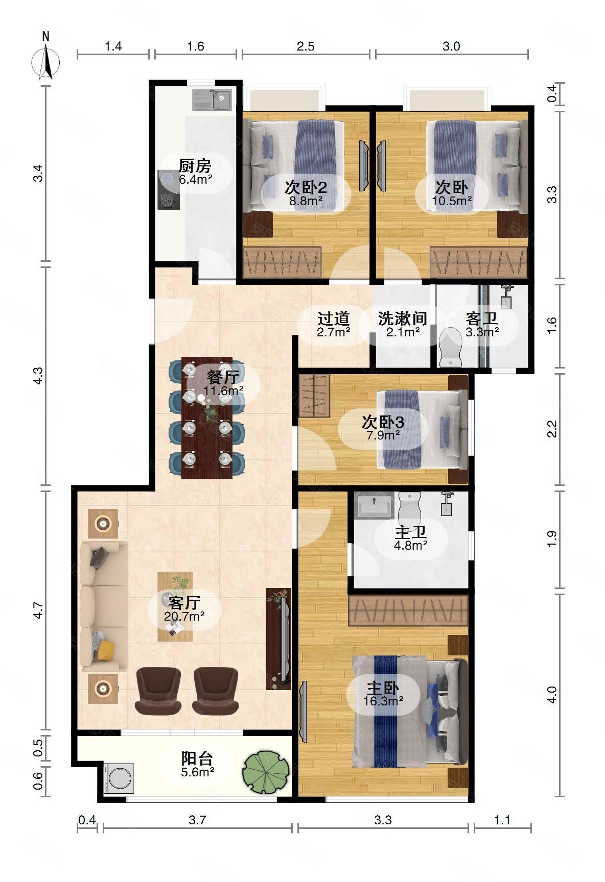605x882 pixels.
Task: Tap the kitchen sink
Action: pyautogui.click(x=212, y=100)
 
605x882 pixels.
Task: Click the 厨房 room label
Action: pyautogui.click(x=195, y=166)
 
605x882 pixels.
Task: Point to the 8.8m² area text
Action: pyautogui.click(x=306, y=201)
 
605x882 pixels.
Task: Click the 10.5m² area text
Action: pyautogui.click(x=452, y=201)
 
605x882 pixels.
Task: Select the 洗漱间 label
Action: pyautogui.click(x=403, y=318)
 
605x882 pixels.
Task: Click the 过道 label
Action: pyautogui.click(x=334, y=319)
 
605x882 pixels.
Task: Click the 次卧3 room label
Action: pyautogui.click(x=383, y=422)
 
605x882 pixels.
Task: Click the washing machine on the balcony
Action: pyautogui.click(x=118, y=778)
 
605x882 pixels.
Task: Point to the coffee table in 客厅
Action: pyautogui.click(x=175, y=606)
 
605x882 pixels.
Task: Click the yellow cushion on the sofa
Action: pyautogui.click(x=106, y=650)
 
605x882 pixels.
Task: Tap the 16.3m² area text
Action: pyautogui.click(x=383, y=700)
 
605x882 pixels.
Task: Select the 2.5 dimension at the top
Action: pyautogui.click(x=306, y=46)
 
